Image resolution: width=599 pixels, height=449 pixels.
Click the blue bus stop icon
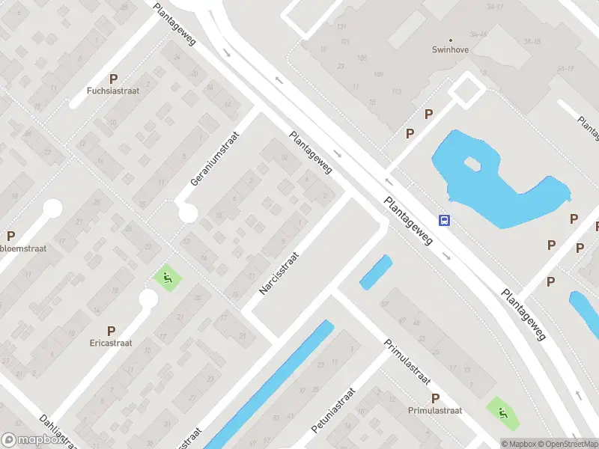(444, 220)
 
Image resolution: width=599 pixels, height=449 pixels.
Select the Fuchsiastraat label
(114, 91)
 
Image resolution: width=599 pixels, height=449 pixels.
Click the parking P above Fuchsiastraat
(114, 78)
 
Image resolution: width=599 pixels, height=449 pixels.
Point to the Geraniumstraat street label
(214, 158)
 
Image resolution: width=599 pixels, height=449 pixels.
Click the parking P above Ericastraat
(111, 330)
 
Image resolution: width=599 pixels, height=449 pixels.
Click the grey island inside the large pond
(472, 163)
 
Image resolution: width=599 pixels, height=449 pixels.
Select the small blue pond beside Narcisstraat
(376, 272)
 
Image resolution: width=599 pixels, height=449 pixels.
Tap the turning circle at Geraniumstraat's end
(188, 213)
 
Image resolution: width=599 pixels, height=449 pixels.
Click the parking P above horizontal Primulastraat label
(435, 398)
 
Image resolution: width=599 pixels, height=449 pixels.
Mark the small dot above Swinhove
(451, 40)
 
